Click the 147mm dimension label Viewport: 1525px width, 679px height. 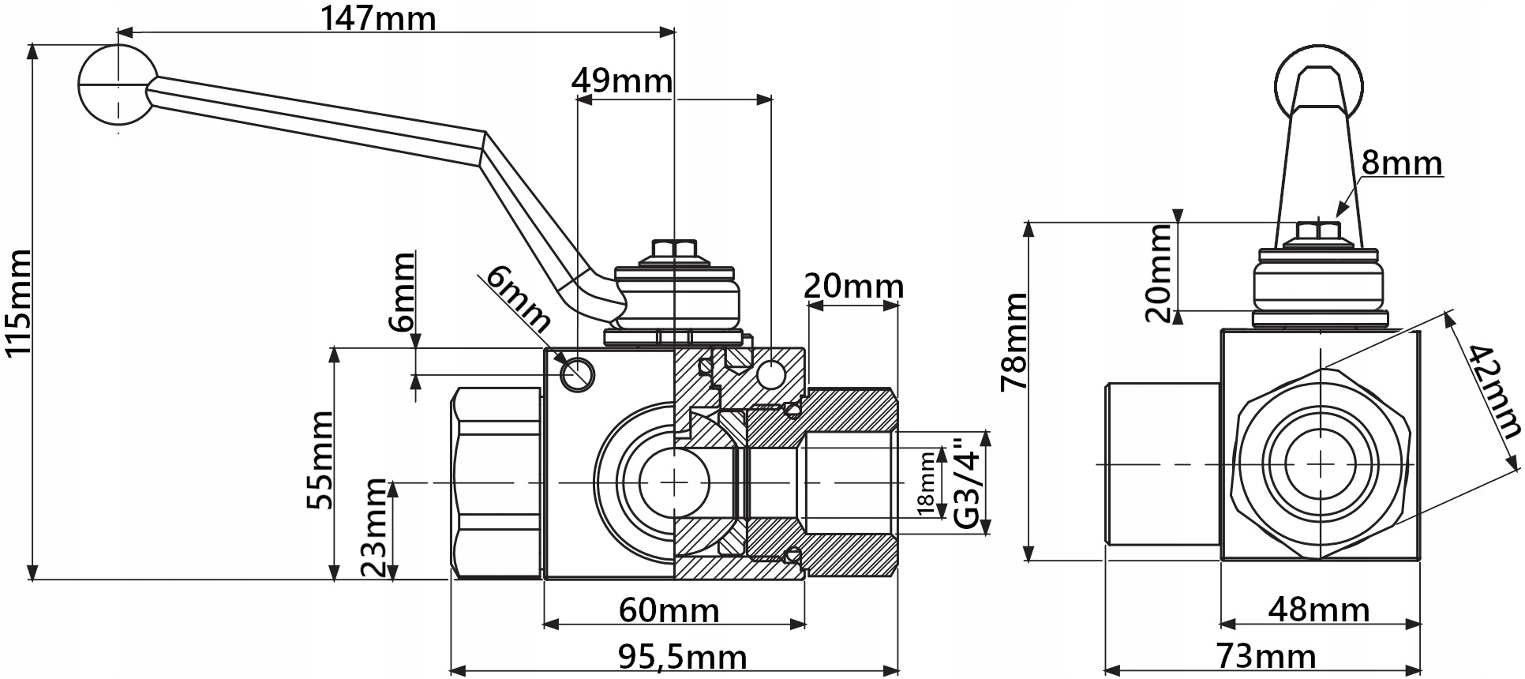(x=378, y=17)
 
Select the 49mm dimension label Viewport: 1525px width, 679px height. (x=622, y=81)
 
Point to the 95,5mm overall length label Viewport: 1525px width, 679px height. (x=681, y=657)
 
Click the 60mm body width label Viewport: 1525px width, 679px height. (x=669, y=610)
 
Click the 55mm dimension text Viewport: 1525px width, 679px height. (x=320, y=460)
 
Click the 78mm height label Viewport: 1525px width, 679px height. (x=1013, y=341)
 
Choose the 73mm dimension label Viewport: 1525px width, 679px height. (x=1265, y=656)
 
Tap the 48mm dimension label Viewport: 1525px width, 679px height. (x=1318, y=610)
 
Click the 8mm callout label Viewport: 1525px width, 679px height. (x=1402, y=163)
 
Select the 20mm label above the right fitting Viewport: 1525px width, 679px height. (x=853, y=286)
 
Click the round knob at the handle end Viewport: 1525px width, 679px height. (x=117, y=83)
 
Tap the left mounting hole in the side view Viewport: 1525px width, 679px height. (x=576, y=373)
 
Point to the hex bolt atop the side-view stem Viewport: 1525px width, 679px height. (x=1319, y=232)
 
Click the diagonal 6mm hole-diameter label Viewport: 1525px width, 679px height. (x=517, y=298)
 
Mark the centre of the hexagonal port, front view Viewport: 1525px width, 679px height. (x=1320, y=463)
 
